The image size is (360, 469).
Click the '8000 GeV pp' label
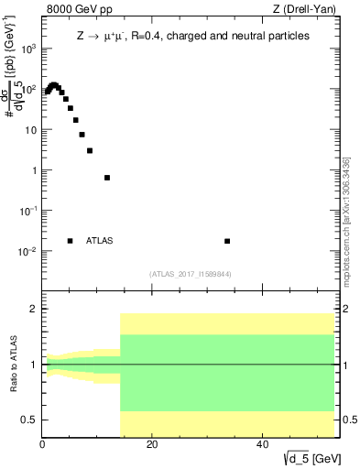[x=76, y=10]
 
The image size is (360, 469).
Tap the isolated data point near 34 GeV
[x=227, y=241]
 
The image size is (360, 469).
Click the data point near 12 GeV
[x=107, y=178]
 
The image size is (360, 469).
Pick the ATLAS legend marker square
[x=70, y=241]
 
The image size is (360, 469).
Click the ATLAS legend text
[x=100, y=241]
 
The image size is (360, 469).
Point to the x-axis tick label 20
[x=152, y=446]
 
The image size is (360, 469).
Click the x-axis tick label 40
[x=262, y=446]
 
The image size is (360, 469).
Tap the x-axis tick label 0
[x=43, y=446]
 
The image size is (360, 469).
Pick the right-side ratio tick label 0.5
[x=348, y=420]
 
